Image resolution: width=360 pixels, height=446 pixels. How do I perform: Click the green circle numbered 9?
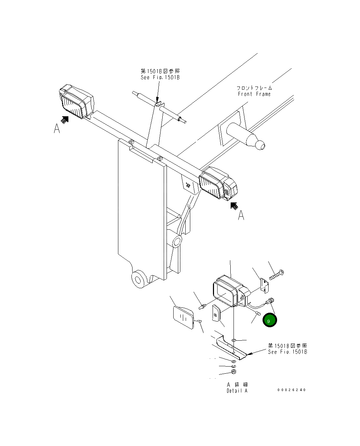[270, 320]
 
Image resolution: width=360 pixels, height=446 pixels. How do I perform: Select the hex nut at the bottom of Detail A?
[234, 372]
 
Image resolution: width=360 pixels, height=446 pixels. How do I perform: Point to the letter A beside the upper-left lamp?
[57, 129]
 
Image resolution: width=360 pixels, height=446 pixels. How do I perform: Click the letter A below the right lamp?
[241, 215]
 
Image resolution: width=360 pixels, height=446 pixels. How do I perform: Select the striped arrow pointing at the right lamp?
[234, 206]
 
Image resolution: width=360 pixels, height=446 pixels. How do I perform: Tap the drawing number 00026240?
[291, 390]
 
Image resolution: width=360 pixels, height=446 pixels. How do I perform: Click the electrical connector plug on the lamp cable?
[271, 301]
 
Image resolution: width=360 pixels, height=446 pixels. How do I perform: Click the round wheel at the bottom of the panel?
[138, 279]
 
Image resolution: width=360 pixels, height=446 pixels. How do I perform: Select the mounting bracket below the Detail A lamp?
[231, 347]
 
